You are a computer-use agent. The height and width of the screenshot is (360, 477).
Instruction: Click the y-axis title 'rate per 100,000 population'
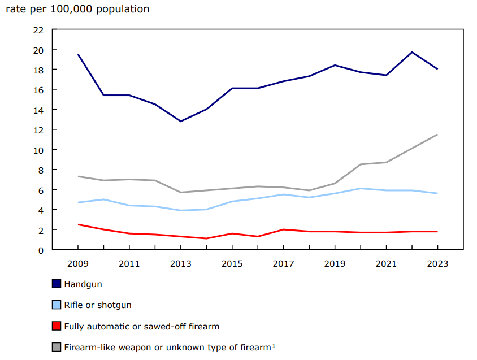click(x=77, y=9)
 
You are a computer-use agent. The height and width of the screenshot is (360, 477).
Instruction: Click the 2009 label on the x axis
click(x=78, y=263)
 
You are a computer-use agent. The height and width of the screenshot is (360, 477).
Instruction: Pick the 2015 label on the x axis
click(x=232, y=263)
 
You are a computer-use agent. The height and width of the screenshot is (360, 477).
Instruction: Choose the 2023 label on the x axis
click(x=437, y=263)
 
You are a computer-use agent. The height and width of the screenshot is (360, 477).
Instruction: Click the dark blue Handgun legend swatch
click(x=57, y=284)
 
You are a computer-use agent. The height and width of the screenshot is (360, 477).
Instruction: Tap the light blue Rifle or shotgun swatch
click(x=57, y=305)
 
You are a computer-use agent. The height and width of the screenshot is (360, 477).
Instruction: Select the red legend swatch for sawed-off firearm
click(x=57, y=326)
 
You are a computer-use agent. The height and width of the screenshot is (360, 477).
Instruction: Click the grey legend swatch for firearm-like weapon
click(x=57, y=347)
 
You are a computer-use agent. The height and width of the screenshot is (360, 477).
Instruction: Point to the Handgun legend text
click(x=83, y=284)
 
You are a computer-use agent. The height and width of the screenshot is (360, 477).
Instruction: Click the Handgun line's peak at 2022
click(x=411, y=52)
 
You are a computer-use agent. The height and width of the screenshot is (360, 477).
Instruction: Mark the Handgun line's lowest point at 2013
click(x=181, y=121)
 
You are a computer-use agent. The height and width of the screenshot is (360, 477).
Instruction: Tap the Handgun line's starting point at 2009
click(x=78, y=54)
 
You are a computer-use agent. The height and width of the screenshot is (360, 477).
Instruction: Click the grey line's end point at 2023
click(x=437, y=135)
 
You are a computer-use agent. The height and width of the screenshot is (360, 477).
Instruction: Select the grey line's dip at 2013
click(x=181, y=192)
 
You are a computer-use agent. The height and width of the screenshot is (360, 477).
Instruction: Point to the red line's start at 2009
click(x=78, y=224)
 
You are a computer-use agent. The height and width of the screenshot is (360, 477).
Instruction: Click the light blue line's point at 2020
click(x=360, y=188)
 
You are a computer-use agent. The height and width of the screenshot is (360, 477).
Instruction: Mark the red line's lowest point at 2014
click(x=206, y=238)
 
